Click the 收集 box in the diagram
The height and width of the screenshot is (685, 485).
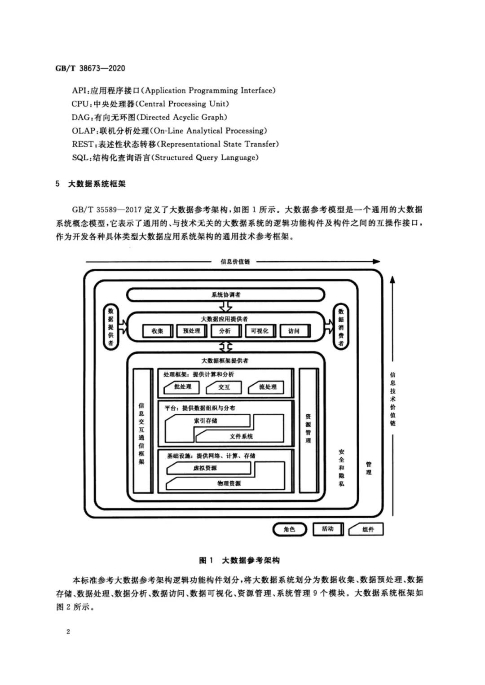(158, 331)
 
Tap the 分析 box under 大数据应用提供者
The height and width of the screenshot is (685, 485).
(225, 331)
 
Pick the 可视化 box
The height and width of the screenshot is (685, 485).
(260, 331)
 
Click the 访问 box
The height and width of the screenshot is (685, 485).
(294, 331)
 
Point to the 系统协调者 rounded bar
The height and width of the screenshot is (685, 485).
(225, 295)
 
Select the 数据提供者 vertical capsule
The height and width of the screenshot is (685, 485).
(110, 327)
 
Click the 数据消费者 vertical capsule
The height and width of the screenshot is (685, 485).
(341, 327)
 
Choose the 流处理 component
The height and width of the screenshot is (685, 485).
(268, 387)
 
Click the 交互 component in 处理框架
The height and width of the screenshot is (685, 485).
(224, 387)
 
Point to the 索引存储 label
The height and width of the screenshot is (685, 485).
(206, 421)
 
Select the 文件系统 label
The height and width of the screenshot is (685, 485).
(241, 436)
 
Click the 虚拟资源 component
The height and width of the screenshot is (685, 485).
(205, 468)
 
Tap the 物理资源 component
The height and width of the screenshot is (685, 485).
(229, 483)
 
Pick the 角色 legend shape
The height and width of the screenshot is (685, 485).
(290, 530)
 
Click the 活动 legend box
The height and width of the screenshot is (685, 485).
(328, 529)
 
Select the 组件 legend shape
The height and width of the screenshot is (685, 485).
(367, 530)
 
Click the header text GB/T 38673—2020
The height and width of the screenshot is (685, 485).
(90, 68)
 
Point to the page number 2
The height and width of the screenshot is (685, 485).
(68, 632)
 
